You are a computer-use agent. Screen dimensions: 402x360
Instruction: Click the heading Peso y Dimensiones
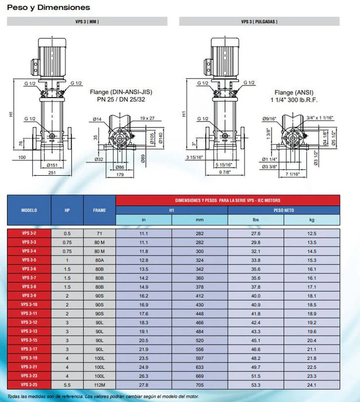pos(48,7)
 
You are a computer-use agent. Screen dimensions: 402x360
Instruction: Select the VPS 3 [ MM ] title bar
pos(87,21)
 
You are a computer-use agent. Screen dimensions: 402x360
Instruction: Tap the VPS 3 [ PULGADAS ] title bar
pos(260,21)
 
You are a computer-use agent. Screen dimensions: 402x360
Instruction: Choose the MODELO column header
pos(29,210)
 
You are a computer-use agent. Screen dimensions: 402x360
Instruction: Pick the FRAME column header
pos(99,210)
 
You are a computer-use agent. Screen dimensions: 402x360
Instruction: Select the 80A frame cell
pos(99,260)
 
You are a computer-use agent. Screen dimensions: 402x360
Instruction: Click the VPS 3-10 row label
pos(29,304)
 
